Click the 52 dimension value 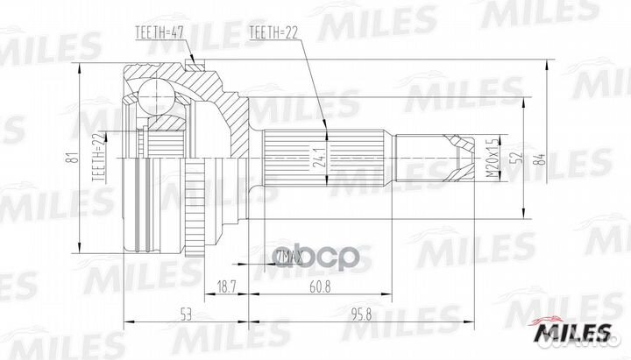pos(518,158)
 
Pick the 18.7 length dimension pos(226,286)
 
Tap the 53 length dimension pos(186,312)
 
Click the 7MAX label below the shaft pos(287,258)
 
